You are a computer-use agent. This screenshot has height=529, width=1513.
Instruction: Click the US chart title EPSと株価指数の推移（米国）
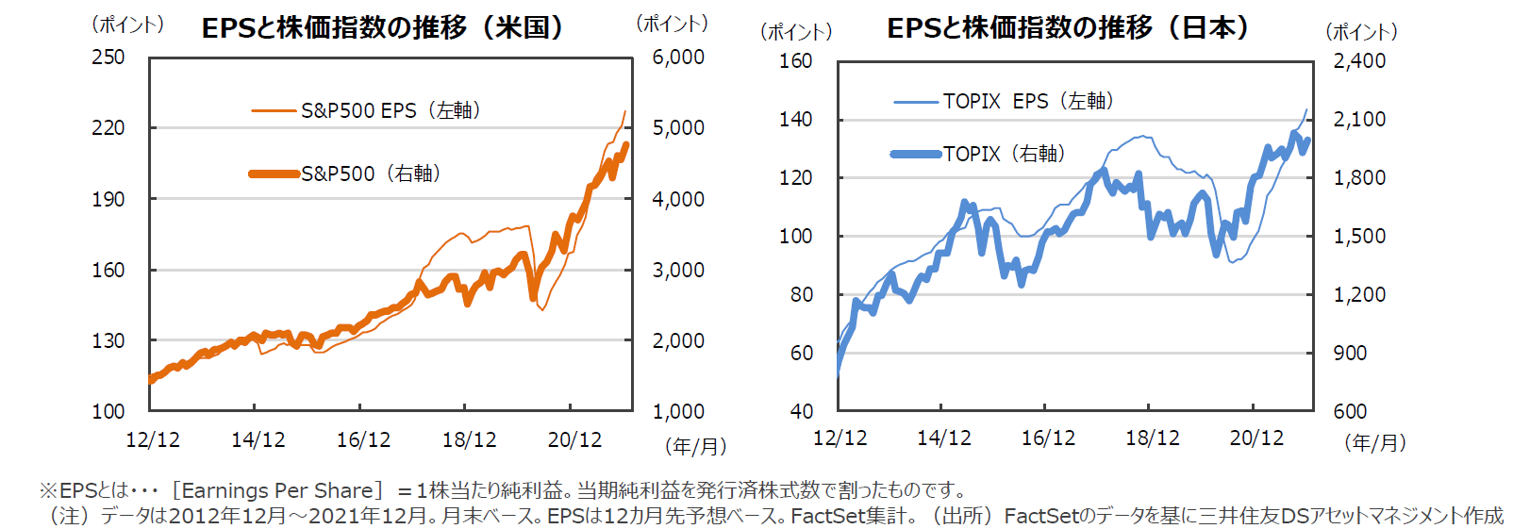click(383, 27)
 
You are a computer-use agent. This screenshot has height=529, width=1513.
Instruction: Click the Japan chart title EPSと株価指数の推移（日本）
click(1068, 27)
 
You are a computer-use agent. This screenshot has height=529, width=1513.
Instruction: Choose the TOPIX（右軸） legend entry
click(1004, 154)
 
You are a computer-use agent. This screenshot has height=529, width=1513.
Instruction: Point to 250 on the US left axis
click(108, 57)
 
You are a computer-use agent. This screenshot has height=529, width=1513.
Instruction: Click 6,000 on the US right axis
click(678, 57)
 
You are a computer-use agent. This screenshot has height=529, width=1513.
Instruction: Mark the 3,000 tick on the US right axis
click(678, 270)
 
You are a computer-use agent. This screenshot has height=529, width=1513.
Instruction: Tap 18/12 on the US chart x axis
click(469, 439)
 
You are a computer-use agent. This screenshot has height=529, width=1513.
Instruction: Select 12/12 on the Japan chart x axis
click(840, 438)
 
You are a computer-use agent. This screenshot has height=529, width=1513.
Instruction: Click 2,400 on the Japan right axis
click(1359, 60)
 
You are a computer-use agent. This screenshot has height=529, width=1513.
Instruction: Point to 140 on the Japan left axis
click(795, 119)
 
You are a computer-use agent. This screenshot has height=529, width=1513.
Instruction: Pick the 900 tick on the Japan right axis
click(1350, 353)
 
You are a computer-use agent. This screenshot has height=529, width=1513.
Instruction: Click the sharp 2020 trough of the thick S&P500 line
click(534, 298)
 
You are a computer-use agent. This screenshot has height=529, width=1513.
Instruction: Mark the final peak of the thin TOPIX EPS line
click(1306, 109)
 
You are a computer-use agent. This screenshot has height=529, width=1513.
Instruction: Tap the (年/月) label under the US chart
click(695, 445)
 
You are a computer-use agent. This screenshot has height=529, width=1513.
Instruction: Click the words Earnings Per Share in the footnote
click(277, 490)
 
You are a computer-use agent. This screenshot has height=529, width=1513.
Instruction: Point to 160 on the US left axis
click(108, 270)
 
